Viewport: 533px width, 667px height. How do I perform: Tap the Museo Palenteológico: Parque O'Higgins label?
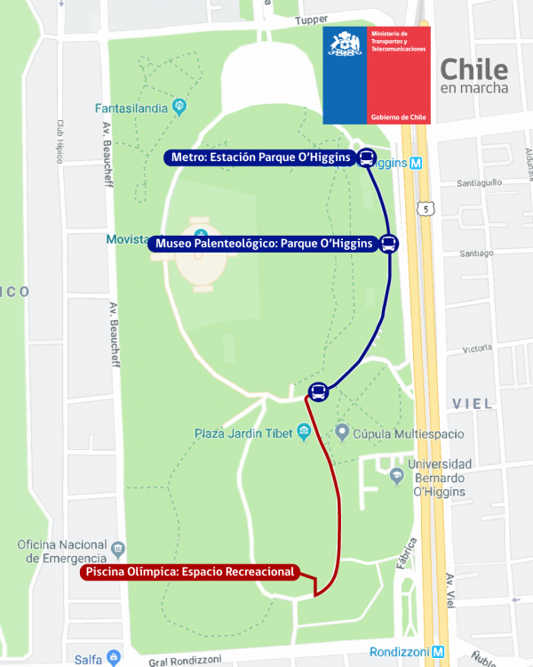coord(264,244)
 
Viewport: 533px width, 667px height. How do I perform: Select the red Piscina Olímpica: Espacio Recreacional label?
coord(189,572)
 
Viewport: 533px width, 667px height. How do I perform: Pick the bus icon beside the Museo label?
coord(389,244)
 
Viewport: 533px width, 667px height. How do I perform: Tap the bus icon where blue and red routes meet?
coord(318,391)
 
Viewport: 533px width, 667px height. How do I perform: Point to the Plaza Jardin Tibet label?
coord(245,434)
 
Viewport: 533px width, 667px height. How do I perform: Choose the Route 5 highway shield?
coord(428,208)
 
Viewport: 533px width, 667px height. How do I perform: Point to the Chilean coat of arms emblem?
coord(345,44)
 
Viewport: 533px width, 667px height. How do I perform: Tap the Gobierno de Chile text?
coord(398,117)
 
